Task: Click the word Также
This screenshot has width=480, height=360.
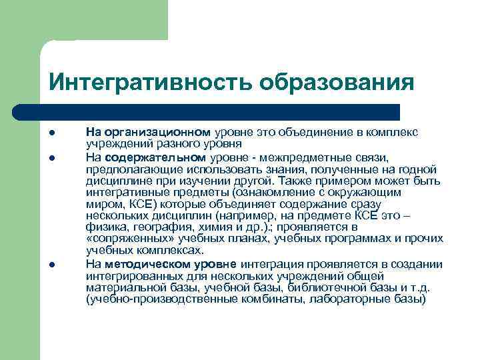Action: point(295,180)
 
